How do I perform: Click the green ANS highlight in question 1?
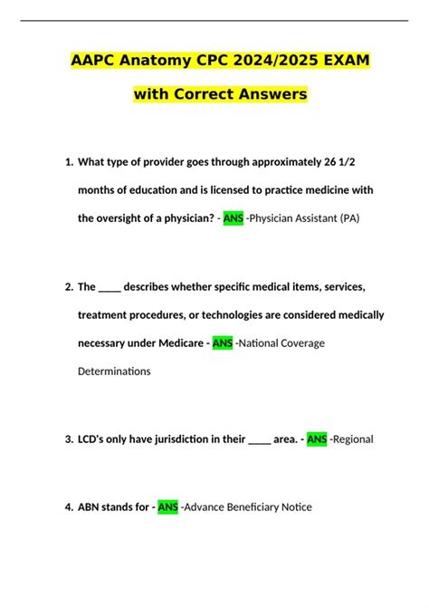point(233,219)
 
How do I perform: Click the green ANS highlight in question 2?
point(223,343)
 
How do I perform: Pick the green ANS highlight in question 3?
point(317,439)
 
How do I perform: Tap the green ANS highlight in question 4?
point(168,507)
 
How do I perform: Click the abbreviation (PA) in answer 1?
point(344,219)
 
